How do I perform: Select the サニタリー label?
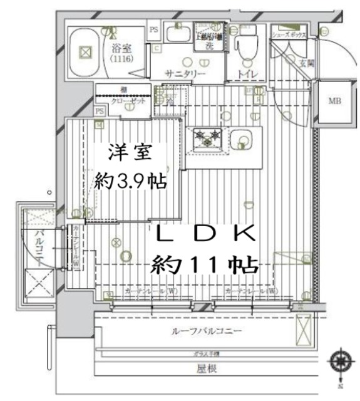point(185,73)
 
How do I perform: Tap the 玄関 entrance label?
point(306,63)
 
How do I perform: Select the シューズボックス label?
point(289,36)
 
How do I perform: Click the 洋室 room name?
point(123,152)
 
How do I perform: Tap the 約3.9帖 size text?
point(130,182)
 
